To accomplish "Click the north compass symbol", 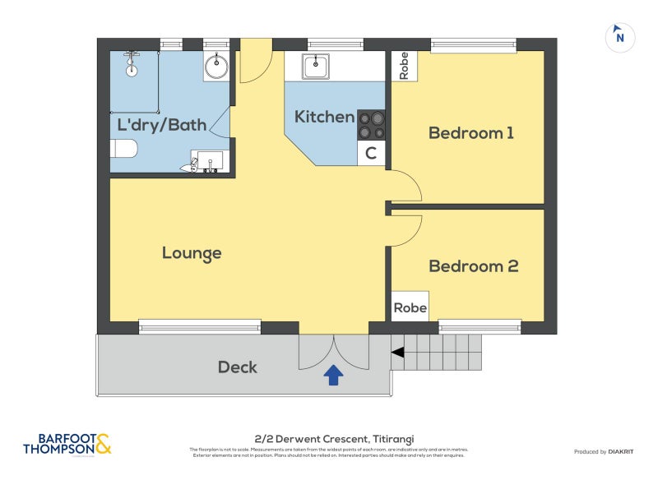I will point(620,37).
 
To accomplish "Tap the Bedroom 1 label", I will point(471,133).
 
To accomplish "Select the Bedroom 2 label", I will point(473,266).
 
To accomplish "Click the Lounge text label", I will point(192,253).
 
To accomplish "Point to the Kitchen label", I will point(324,117).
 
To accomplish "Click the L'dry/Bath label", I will point(162,126).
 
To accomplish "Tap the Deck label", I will point(237,367).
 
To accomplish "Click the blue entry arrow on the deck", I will point(333,376).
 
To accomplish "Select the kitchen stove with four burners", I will point(372,125).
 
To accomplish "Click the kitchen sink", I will point(315,66).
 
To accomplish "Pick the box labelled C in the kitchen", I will point(372,153).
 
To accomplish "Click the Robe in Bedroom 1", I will point(404,66).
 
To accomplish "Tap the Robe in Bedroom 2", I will point(410,307).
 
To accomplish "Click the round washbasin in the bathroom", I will point(216,67).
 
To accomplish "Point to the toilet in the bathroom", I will point(123,149).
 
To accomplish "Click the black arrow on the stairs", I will point(397,353).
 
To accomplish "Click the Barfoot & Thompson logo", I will point(67,444).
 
